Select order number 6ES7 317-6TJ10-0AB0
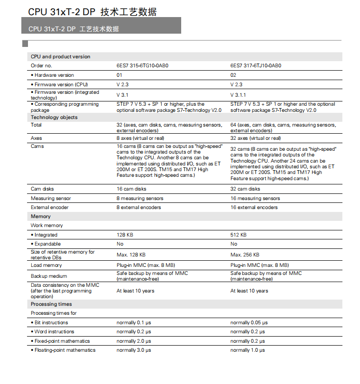(256, 66)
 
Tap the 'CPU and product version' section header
(60, 56)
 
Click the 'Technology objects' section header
(54, 117)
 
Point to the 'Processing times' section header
(51, 304)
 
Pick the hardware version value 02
(233, 75)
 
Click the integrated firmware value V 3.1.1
(238, 95)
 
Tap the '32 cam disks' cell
(245, 189)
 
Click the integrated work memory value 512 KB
(239, 235)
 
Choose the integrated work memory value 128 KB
(125, 235)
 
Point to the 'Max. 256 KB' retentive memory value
(245, 255)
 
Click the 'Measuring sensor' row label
(51, 198)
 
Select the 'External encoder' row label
(50, 207)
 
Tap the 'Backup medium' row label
(49, 276)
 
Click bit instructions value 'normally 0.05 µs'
(249, 322)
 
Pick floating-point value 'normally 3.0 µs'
(134, 350)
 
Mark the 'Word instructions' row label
(54, 331)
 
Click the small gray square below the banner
(25, 44)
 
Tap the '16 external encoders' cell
(254, 207)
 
